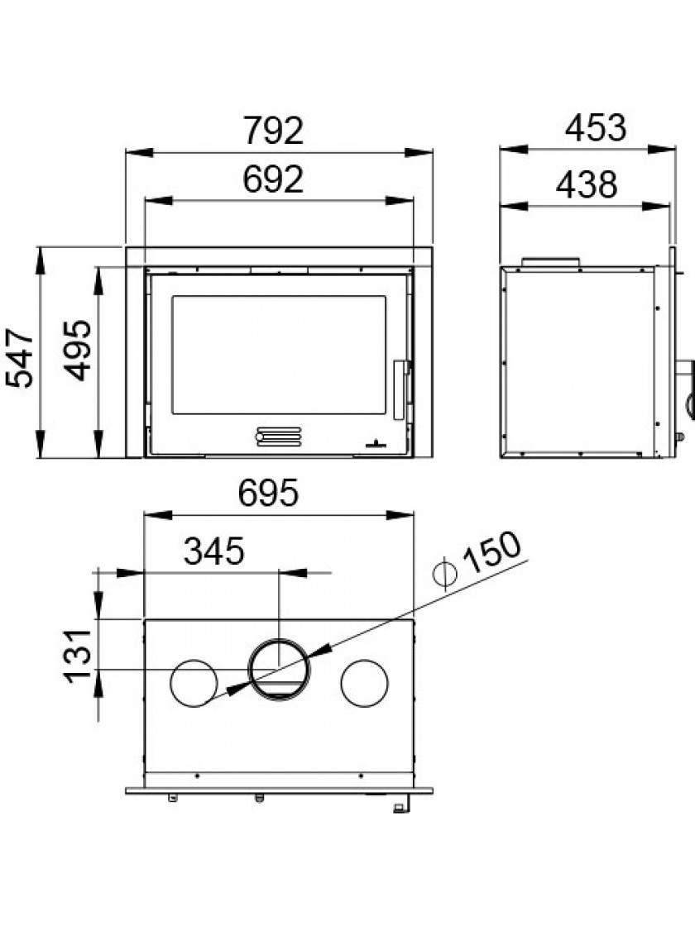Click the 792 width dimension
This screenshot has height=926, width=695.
(x=274, y=131)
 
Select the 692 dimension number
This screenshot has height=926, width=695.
(x=273, y=179)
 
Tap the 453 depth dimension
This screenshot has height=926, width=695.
(x=595, y=127)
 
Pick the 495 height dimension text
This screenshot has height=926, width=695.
(x=78, y=351)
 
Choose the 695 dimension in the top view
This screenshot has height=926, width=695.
(x=268, y=493)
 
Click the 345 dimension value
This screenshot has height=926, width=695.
(x=213, y=551)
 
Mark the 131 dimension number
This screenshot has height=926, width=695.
(x=79, y=656)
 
